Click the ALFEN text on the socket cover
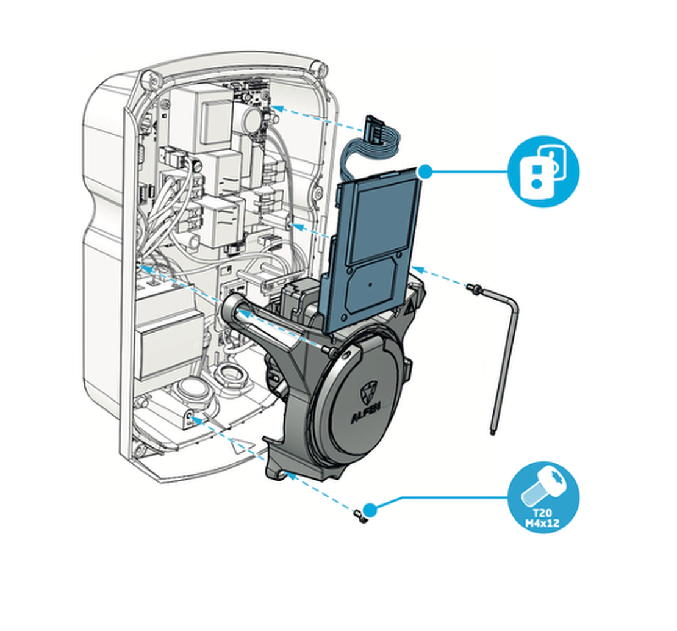pos(365,413)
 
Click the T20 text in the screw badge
pos(542,513)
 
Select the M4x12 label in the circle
pos(542,523)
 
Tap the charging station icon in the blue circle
pos(543,172)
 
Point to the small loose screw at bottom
pos(359,515)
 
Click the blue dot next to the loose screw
pos(370,510)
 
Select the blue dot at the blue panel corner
pos(425,171)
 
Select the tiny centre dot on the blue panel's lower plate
pos(370,284)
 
